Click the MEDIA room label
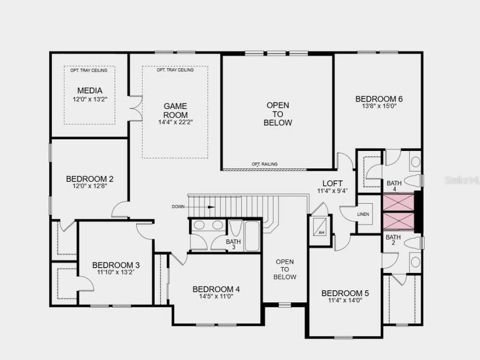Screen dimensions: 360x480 (x=89, y=91)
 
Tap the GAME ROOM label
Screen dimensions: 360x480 (x=175, y=110)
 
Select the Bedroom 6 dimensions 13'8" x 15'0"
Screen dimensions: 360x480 (x=379, y=106)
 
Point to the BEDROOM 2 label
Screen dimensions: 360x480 (x=90, y=179)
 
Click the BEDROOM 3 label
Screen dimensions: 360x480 (x=116, y=265)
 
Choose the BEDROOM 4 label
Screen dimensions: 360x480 (x=216, y=289)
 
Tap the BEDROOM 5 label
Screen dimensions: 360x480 (x=345, y=293)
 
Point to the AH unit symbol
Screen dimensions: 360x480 (x=321, y=228)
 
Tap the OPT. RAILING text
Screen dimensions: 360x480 (x=265, y=164)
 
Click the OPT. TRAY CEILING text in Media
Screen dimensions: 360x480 (x=89, y=70)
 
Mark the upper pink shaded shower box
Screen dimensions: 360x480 (x=398, y=202)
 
